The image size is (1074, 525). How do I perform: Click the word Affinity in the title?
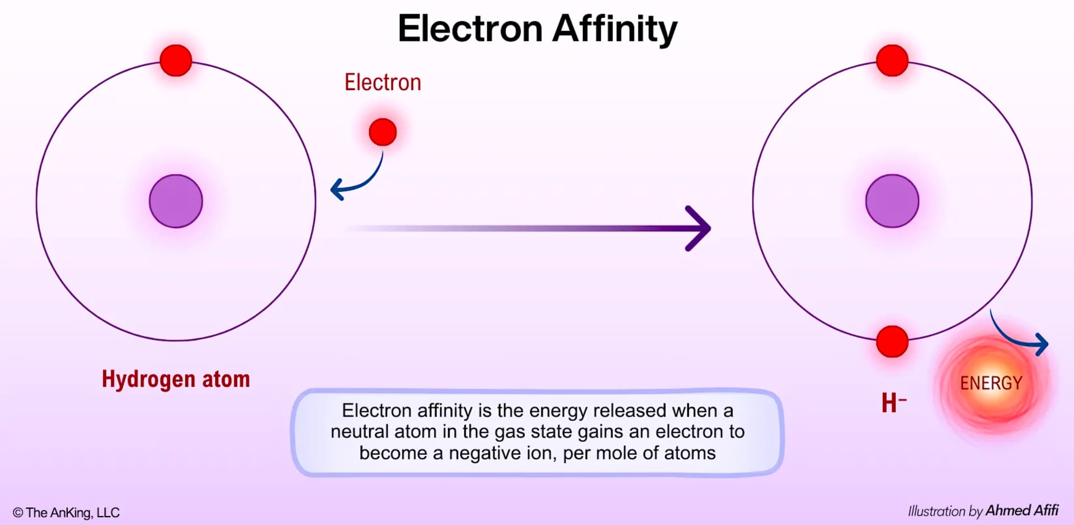[x=615, y=29]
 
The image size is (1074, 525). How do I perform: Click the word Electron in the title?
[x=470, y=29]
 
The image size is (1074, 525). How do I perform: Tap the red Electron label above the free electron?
[x=383, y=82]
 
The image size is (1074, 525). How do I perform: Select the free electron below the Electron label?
[x=383, y=132]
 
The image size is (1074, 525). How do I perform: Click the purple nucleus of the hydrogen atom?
[x=176, y=201]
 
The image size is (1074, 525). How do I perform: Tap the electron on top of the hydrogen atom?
[x=176, y=60]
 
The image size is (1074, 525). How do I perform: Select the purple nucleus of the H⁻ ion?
[x=892, y=201]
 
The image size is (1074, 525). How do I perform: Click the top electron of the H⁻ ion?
[x=892, y=60]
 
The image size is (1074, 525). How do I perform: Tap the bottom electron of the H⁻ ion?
[x=892, y=341]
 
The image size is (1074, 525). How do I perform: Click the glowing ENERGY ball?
[x=991, y=383]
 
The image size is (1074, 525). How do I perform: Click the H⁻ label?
[x=894, y=402]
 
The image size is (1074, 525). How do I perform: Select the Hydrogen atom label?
[x=176, y=379]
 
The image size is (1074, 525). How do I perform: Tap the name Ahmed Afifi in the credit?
[x=1022, y=510]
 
